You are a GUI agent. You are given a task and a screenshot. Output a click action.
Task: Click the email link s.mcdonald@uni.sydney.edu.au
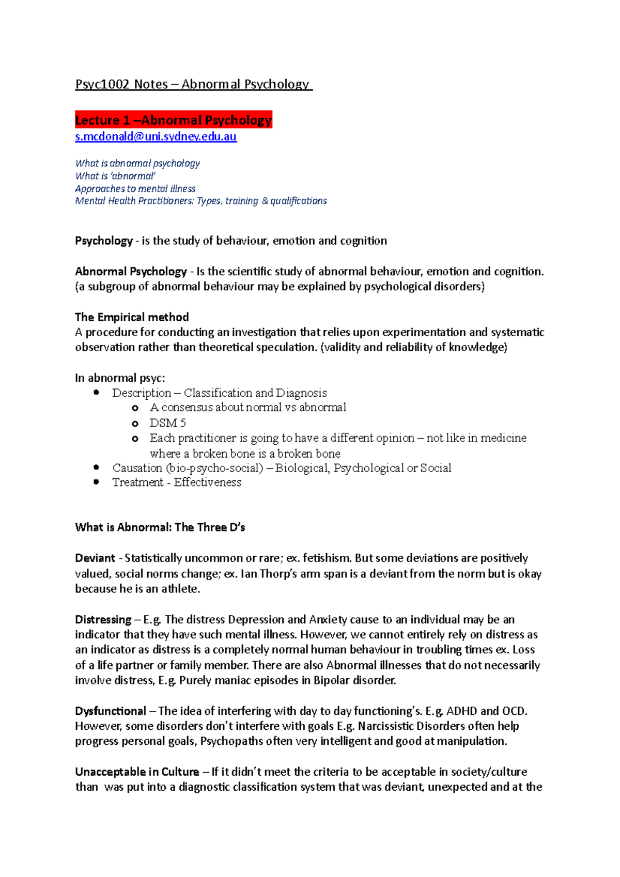click(156, 137)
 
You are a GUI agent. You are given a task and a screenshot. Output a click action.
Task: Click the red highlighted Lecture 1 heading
click(173, 120)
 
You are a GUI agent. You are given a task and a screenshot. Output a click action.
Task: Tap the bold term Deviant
click(95, 558)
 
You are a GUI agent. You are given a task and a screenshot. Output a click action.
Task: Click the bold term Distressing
click(103, 620)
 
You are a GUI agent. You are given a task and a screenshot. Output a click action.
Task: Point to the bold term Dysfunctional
click(110, 711)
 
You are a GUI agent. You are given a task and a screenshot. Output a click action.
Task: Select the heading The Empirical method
click(132, 317)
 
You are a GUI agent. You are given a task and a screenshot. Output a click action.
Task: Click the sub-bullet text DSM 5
click(167, 423)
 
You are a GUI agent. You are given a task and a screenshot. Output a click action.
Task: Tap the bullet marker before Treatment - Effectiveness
click(96, 482)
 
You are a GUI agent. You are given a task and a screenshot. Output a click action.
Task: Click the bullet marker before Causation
click(96, 467)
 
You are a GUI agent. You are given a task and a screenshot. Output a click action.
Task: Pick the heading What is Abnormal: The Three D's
click(160, 527)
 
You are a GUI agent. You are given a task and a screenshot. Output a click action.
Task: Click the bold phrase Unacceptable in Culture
click(137, 772)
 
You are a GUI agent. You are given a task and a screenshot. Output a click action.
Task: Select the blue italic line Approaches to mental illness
click(135, 189)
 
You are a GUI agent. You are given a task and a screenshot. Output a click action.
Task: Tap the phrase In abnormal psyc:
click(120, 378)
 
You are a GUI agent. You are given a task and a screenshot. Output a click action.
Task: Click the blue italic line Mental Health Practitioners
click(200, 201)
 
